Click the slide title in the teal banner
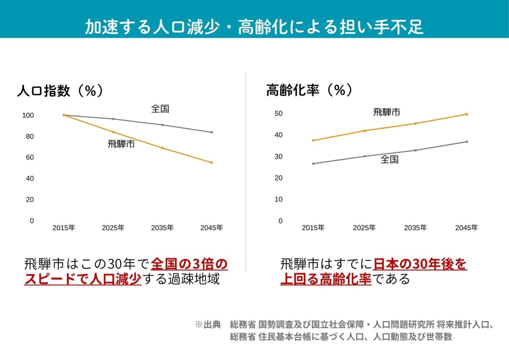tap(254, 27)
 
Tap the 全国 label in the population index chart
tap(160, 109)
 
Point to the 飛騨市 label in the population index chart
tap(121, 144)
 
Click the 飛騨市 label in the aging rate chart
tap(387, 112)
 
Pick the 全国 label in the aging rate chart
tap(389, 160)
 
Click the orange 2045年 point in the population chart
tap(212, 162)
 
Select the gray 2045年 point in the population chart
tap(212, 132)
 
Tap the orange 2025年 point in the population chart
tap(113, 132)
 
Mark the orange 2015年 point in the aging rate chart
tap(313, 140)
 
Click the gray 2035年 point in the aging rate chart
tap(416, 150)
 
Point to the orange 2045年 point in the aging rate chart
tap(466, 114)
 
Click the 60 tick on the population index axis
tap(30, 158)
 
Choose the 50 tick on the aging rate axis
tap(278, 114)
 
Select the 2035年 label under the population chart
tap(162, 228)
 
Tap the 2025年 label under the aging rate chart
tap(364, 228)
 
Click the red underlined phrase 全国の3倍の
tap(189, 264)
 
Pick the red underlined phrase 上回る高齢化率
tap(326, 279)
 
